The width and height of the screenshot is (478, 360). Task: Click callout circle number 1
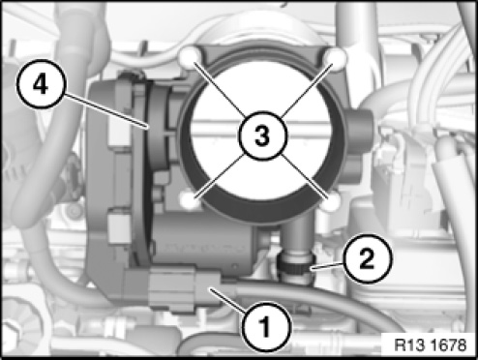[x=266, y=327]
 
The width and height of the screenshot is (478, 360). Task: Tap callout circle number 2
[x=367, y=259]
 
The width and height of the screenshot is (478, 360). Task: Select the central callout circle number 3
[x=262, y=135]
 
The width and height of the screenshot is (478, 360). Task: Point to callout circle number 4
[x=41, y=83]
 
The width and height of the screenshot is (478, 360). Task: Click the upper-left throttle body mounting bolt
[x=190, y=57]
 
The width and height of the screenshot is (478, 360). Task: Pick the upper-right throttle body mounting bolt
[x=336, y=59]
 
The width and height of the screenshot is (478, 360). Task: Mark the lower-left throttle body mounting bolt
[x=190, y=200]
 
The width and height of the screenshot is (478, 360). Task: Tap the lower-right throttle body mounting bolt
[x=331, y=202]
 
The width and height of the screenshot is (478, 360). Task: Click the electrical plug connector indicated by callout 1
[x=185, y=288]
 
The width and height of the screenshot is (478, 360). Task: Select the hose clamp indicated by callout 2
[x=295, y=265]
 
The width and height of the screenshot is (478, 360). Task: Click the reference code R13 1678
[x=431, y=345]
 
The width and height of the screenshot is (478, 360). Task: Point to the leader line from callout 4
[x=106, y=110]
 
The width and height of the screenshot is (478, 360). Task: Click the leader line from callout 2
[x=326, y=266]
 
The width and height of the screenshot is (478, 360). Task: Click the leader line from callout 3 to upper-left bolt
[x=219, y=89]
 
